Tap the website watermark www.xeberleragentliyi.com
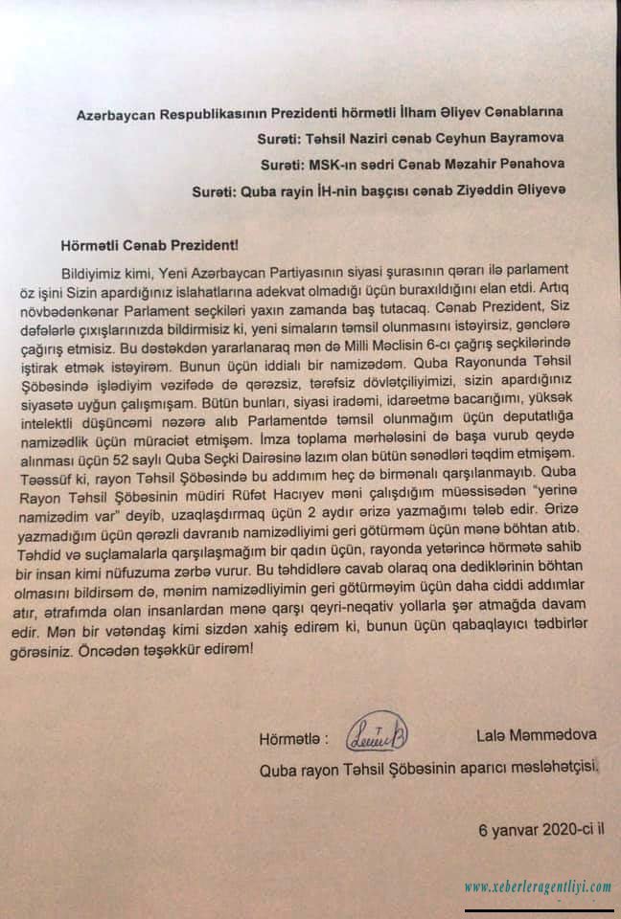tap(538, 886)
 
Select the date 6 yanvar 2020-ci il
tap(547, 829)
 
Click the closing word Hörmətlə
tap(291, 738)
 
